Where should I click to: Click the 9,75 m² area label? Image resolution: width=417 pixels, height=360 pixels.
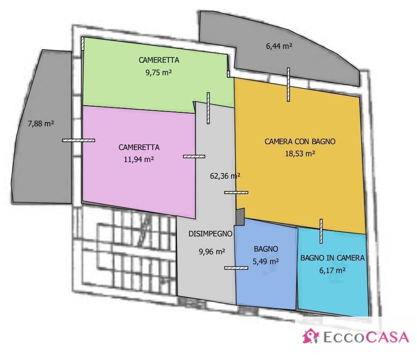click(159, 73)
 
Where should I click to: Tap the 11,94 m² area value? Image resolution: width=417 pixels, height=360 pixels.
click(139, 159)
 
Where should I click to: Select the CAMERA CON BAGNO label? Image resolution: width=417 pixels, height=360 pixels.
click(300, 141)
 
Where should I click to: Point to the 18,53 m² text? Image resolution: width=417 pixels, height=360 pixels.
click(300, 154)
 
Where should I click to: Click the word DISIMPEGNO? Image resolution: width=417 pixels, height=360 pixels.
click(211, 234)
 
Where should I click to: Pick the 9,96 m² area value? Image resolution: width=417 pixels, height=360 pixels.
click(212, 252)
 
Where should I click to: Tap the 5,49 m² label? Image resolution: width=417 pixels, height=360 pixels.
click(266, 261)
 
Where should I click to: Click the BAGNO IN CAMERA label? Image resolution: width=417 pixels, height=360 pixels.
click(332, 258)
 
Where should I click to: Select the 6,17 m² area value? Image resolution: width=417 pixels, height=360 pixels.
click(332, 270)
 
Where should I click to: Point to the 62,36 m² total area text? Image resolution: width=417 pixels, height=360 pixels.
click(225, 176)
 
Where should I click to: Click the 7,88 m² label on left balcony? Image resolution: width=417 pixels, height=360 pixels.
click(41, 124)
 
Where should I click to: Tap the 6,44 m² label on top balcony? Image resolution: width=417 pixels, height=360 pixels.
click(279, 46)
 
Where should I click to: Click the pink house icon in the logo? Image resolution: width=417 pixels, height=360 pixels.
click(310, 336)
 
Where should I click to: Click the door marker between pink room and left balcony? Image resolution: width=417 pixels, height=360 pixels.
click(79, 141)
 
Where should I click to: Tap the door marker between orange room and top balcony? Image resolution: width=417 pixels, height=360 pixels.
click(288, 85)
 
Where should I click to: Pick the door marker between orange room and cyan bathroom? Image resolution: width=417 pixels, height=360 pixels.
click(321, 231)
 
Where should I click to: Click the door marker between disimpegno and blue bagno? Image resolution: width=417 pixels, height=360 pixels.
click(236, 268)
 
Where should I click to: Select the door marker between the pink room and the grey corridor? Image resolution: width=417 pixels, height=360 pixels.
click(194, 157)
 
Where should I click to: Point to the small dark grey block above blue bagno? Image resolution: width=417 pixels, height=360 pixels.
click(240, 216)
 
